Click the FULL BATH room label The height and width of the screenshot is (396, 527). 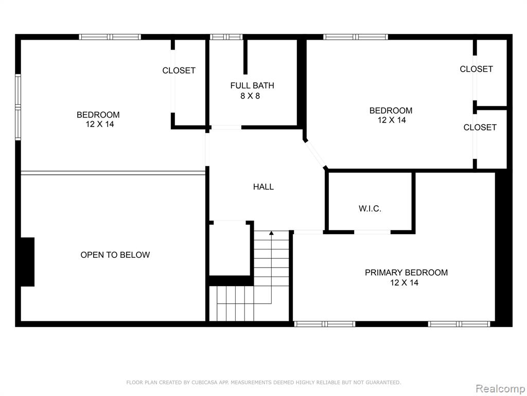(252, 86)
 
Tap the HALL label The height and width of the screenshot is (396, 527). (263, 187)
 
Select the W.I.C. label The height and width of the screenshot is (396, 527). (370, 209)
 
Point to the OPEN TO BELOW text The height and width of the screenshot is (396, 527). (115, 255)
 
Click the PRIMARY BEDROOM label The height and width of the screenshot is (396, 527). (406, 272)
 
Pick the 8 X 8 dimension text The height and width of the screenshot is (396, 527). (250, 96)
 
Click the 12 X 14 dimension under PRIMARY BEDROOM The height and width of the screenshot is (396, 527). (404, 283)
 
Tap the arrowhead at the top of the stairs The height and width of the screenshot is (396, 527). (271, 233)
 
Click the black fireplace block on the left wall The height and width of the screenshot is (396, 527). (28, 262)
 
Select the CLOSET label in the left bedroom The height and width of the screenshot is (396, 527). (179, 70)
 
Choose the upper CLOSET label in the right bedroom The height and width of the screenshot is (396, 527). (476, 69)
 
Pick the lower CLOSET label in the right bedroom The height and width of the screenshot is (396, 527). (480, 127)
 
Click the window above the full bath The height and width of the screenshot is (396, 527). (226, 37)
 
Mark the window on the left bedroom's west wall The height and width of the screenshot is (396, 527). (18, 107)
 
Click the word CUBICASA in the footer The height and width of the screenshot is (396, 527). (205, 382)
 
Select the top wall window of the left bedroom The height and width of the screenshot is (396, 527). (110, 37)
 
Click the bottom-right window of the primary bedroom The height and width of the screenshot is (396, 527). (459, 324)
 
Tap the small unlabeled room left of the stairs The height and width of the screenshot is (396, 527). (230, 249)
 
